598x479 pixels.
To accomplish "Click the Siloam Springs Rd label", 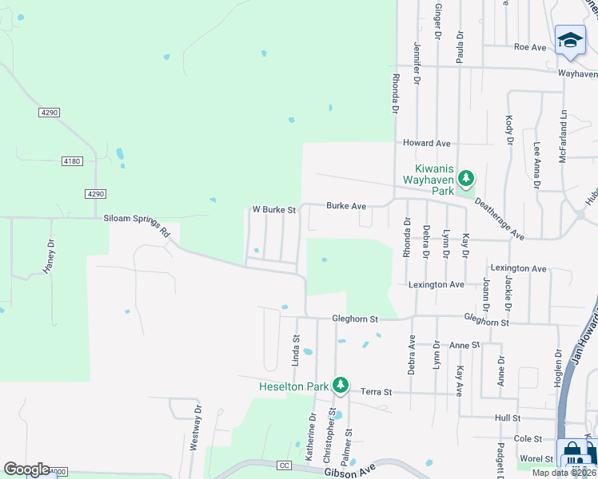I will [x=138, y=224].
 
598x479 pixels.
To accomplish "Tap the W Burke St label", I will [x=274, y=210].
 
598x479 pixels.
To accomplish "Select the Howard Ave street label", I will [x=426, y=143].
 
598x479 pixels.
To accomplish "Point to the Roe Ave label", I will [x=529, y=47].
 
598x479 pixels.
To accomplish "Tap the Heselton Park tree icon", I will [x=341, y=386].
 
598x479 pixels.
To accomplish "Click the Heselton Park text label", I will [x=294, y=386].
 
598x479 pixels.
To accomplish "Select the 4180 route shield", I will [x=71, y=161].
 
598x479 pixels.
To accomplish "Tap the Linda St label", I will [x=296, y=350].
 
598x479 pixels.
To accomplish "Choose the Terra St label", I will [x=376, y=392].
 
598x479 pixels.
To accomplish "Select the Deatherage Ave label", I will [x=500, y=220].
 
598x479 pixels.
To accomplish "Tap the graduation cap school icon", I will [x=570, y=41].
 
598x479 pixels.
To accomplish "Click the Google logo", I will [x=26, y=469].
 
